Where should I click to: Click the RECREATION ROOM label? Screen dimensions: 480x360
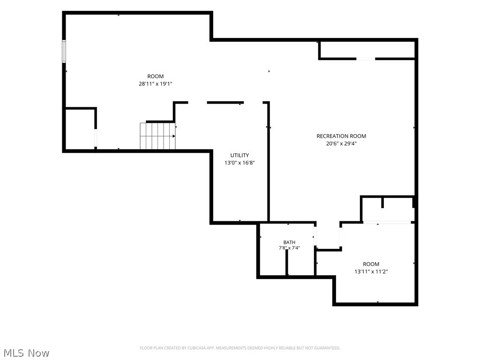341,136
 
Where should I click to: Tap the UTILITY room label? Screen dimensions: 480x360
240,155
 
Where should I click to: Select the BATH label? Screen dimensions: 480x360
289,242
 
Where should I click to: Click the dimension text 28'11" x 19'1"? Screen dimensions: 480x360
156,84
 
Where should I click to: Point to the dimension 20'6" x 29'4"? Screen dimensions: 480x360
341,143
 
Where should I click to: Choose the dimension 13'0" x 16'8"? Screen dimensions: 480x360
240,163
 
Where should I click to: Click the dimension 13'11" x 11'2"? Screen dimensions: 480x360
371,271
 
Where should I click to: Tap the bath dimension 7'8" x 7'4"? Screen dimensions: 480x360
289,248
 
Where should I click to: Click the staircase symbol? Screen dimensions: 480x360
157,136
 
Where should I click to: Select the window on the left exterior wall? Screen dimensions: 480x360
64,52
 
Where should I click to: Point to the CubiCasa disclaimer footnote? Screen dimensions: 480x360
240,348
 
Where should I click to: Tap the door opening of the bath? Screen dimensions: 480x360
315,237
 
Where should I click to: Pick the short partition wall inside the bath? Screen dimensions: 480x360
287,262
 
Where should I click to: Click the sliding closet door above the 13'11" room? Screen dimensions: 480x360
387,222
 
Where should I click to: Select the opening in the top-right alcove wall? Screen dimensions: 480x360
366,59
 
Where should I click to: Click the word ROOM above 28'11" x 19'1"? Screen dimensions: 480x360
156,76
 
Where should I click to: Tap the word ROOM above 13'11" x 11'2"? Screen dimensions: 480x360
371,264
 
